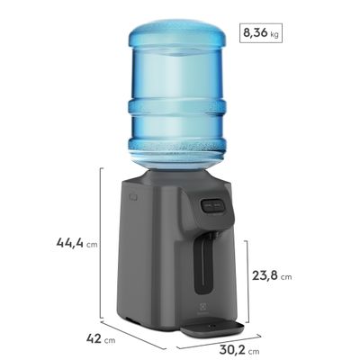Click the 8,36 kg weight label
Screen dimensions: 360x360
260,36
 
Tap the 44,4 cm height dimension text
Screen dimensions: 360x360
76,241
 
